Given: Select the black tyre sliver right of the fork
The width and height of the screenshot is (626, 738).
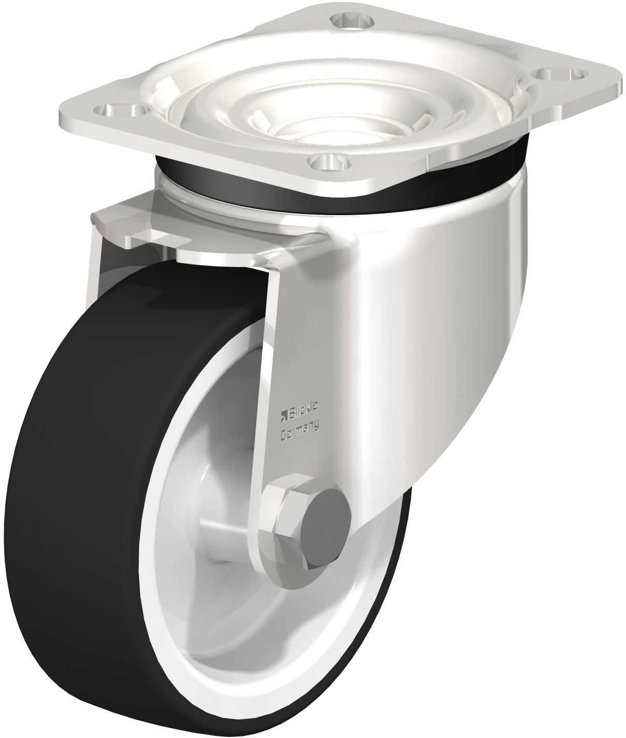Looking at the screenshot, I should pyautogui.click(x=394, y=580).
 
